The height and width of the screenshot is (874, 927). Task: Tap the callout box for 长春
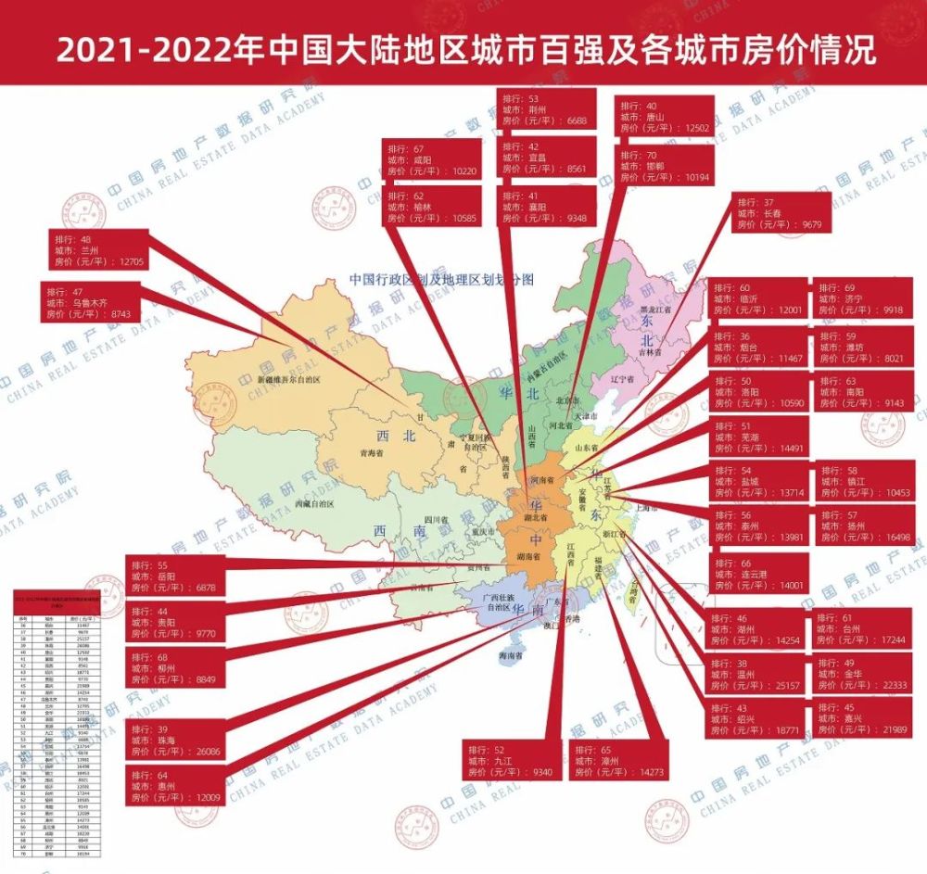(x=778, y=212)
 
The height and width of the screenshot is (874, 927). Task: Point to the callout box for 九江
(x=511, y=759)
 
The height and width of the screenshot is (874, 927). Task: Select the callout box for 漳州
(x=617, y=759)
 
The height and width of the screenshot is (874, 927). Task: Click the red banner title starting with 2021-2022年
(x=463, y=49)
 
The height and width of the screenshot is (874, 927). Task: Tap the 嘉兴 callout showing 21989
(x=860, y=719)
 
